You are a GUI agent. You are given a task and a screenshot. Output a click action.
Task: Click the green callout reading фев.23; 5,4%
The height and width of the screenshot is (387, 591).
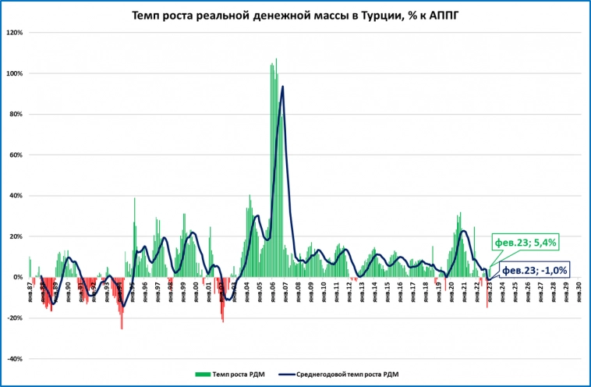(525, 242)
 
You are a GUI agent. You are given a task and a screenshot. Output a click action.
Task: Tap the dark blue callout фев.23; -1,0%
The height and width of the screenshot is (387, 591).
(534, 270)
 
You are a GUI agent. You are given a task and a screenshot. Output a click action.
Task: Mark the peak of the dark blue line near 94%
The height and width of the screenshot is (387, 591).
(282, 87)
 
